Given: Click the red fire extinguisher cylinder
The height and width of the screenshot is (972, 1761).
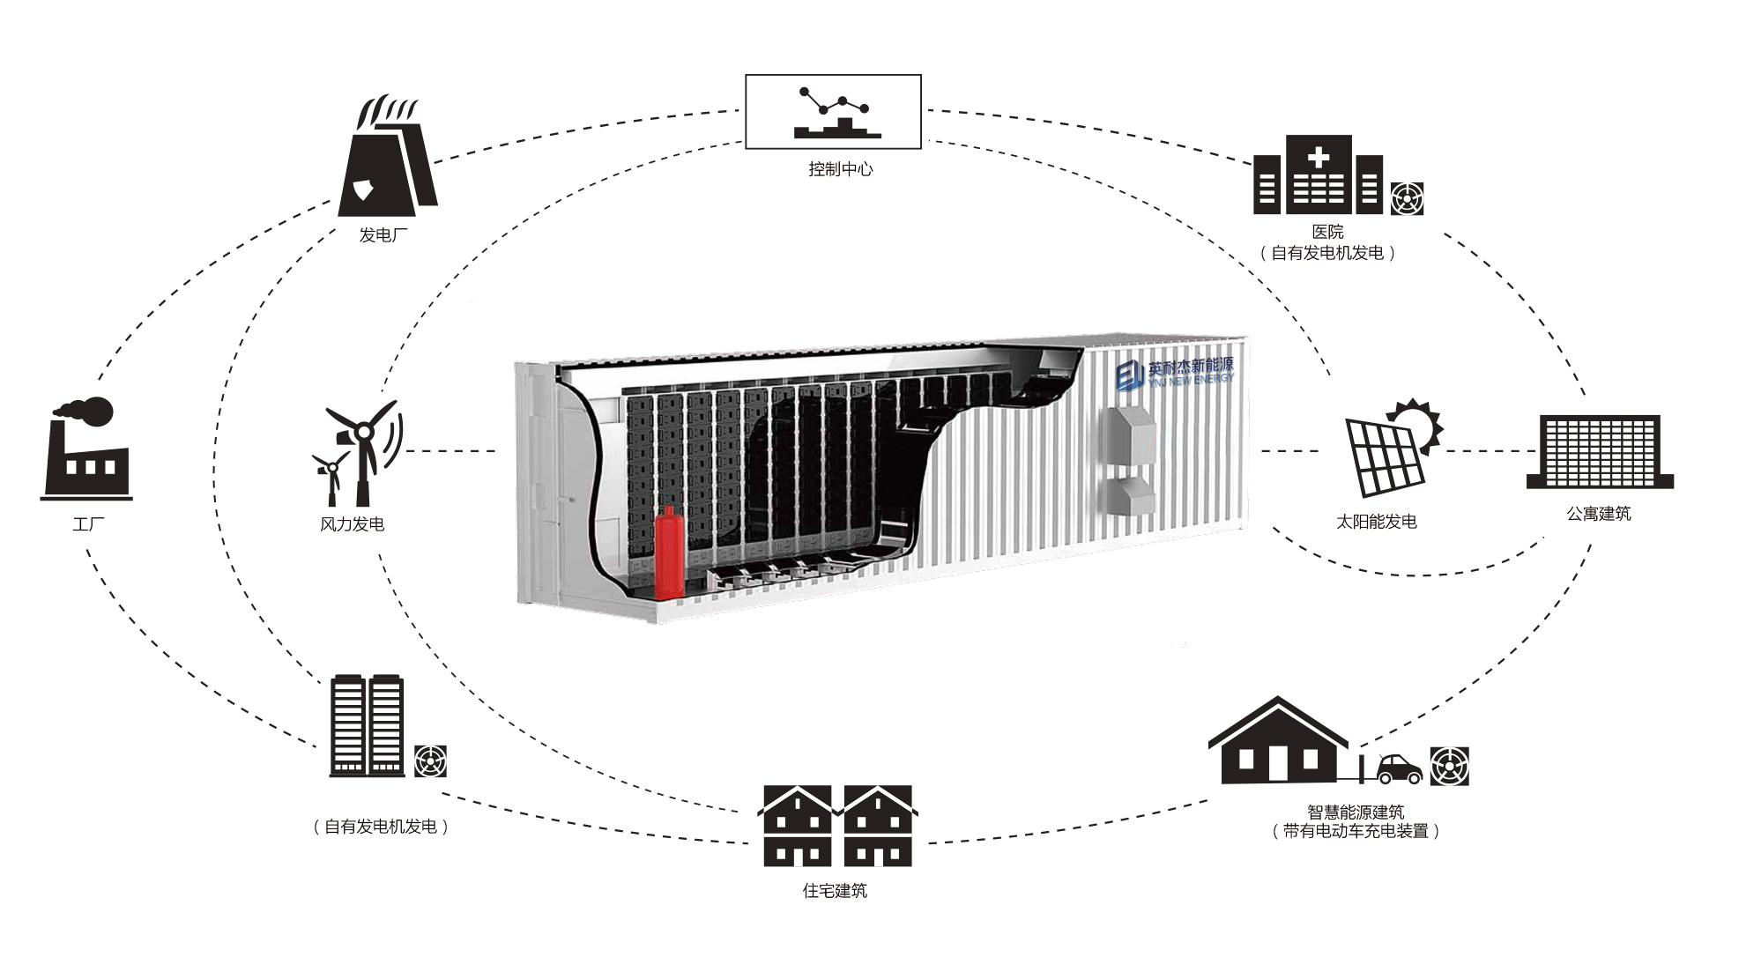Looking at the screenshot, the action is click(668, 552).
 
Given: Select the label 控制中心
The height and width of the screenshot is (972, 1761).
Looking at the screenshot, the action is click(840, 169).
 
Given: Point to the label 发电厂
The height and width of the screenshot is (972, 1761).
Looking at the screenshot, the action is click(383, 235).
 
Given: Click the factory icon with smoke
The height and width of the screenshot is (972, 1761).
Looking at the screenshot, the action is click(86, 449).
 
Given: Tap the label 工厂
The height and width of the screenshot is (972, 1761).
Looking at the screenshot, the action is click(88, 524).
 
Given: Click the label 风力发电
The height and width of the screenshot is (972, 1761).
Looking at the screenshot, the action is click(352, 524).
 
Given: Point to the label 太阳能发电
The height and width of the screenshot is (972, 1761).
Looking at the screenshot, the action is click(1377, 522).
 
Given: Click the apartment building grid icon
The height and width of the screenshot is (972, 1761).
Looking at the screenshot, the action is click(1600, 451).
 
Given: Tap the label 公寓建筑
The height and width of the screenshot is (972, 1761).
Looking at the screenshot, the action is click(1599, 514).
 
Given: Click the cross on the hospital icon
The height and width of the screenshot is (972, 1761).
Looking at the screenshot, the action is click(1319, 159).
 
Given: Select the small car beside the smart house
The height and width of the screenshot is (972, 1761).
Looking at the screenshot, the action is click(1400, 768).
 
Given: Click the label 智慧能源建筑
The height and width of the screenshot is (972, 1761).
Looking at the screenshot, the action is click(1356, 812).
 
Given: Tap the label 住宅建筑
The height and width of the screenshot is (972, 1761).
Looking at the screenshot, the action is click(835, 891).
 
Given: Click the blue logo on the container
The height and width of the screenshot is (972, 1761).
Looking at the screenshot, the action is click(1129, 375).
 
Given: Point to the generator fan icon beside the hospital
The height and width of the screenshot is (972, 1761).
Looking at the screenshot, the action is click(1407, 198).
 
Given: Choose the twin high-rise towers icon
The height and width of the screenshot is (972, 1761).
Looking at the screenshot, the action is click(367, 726).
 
